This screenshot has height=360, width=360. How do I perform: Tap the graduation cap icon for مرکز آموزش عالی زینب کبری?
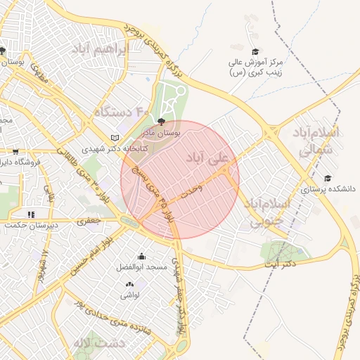(x=255, y=52)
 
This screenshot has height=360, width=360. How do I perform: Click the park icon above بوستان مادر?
(x=163, y=122)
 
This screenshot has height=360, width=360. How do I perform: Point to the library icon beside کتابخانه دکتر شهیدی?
(x=115, y=138)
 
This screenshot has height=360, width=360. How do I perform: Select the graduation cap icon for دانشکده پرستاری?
(x=327, y=179)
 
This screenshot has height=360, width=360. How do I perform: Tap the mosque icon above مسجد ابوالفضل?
(x=142, y=256)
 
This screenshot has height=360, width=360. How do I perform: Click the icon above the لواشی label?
(x=129, y=284)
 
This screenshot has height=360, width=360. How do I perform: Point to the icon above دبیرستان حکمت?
(x=30, y=214)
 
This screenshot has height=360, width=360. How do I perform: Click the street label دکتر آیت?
(x=279, y=264)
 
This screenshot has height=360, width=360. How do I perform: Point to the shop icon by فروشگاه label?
(x=15, y=151)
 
